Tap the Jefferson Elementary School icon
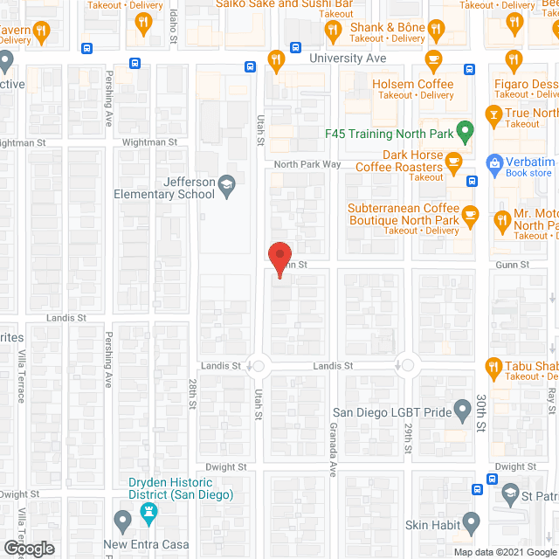tap(226, 183)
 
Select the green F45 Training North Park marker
tap(466, 134)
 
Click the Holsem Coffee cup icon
tap(433, 60)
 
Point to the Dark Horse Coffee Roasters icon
tap(453, 161)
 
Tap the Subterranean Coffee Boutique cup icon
tap(471, 214)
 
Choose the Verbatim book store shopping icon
tap(494, 162)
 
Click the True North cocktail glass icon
tap(493, 114)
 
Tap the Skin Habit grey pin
tap(472, 524)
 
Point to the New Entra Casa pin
tap(122, 522)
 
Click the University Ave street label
tap(349, 59)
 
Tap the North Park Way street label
tap(307, 164)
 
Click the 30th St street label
tap(481, 412)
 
